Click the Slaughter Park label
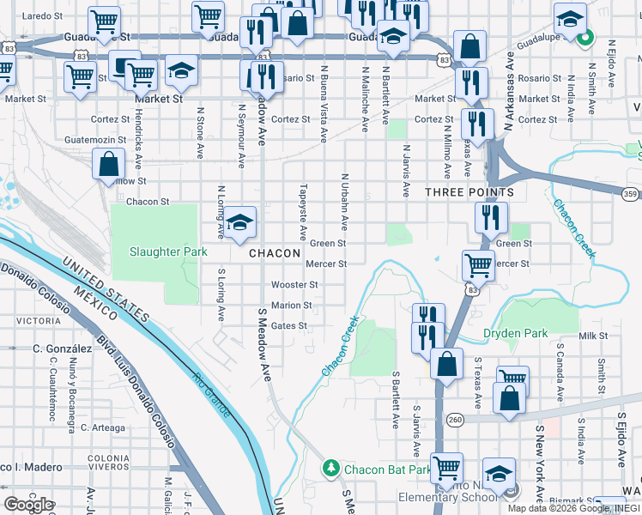point(168,251)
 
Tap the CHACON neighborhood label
point(275,254)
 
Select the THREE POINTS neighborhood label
point(469,193)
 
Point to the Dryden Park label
point(538,333)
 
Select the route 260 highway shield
point(456,419)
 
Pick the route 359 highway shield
point(630,194)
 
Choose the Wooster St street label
point(294,285)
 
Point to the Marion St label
point(291,306)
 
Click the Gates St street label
point(288,326)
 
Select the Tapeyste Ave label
point(302,211)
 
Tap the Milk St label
point(592,336)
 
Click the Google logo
point(28,504)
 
